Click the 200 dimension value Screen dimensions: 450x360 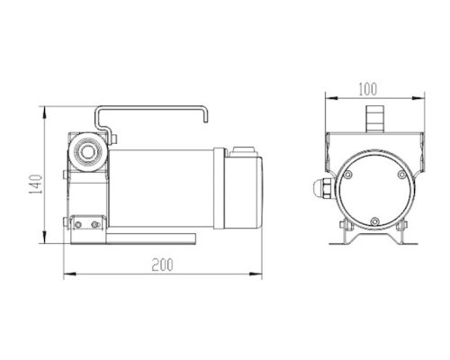point(162,265)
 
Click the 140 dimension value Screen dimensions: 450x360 point(36,184)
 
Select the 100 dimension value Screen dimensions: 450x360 point(368,89)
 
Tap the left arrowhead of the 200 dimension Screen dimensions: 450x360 point(69,274)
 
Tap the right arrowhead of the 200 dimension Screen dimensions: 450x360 point(256,274)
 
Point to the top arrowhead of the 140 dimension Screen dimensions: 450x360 point(44,112)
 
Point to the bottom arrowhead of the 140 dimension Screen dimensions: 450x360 point(44,238)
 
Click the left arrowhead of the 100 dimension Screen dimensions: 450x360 point(331,98)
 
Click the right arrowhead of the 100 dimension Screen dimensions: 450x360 point(418,98)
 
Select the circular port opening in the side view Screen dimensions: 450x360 point(87,152)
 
